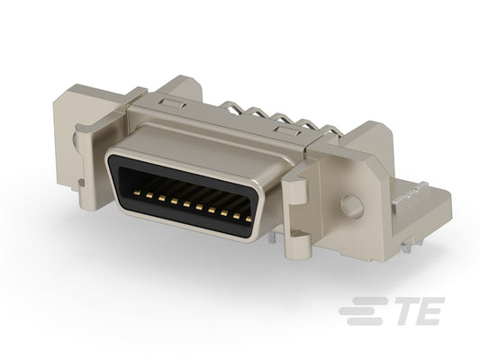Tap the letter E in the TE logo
(430, 311)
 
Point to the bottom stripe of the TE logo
(365, 321)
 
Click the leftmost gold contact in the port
(137, 193)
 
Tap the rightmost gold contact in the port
(249, 219)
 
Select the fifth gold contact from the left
(186, 204)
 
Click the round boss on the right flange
(352, 206)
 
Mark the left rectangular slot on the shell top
(173, 103)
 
